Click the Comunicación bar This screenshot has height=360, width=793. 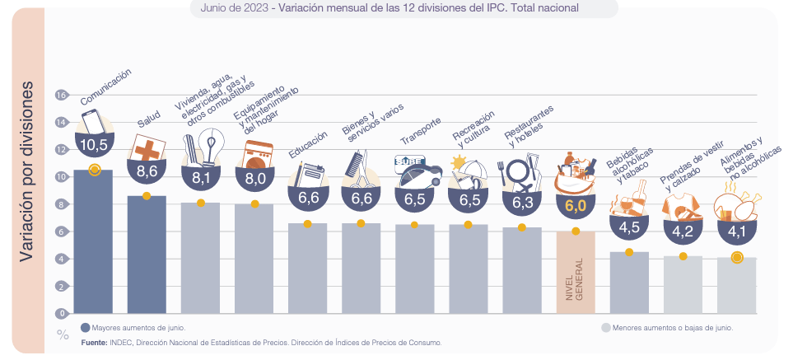tap(93, 243)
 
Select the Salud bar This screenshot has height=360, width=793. tap(147, 255)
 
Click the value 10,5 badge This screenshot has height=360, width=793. tap(94, 145)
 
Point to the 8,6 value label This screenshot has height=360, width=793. tap(147, 171)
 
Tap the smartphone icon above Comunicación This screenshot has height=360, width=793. tap(92, 120)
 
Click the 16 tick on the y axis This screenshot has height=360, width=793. tap(61, 95)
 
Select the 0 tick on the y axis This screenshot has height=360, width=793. tap(61, 313)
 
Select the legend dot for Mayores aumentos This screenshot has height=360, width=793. tap(85, 327)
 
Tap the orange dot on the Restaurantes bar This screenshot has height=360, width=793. tap(521, 227)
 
